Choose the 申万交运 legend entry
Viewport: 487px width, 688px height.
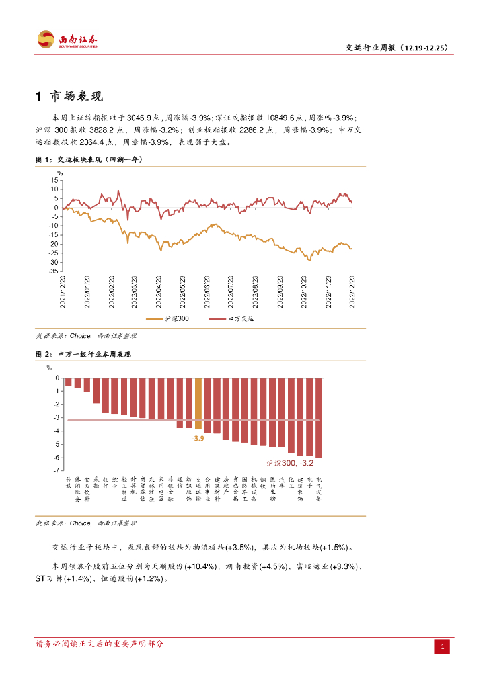233,318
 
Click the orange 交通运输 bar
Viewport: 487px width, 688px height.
198,403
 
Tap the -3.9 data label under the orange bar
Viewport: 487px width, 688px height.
198,438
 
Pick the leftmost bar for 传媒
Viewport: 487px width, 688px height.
69,382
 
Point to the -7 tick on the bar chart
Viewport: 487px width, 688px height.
56,470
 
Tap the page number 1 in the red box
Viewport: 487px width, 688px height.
443,646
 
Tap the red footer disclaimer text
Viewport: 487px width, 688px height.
99,644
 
